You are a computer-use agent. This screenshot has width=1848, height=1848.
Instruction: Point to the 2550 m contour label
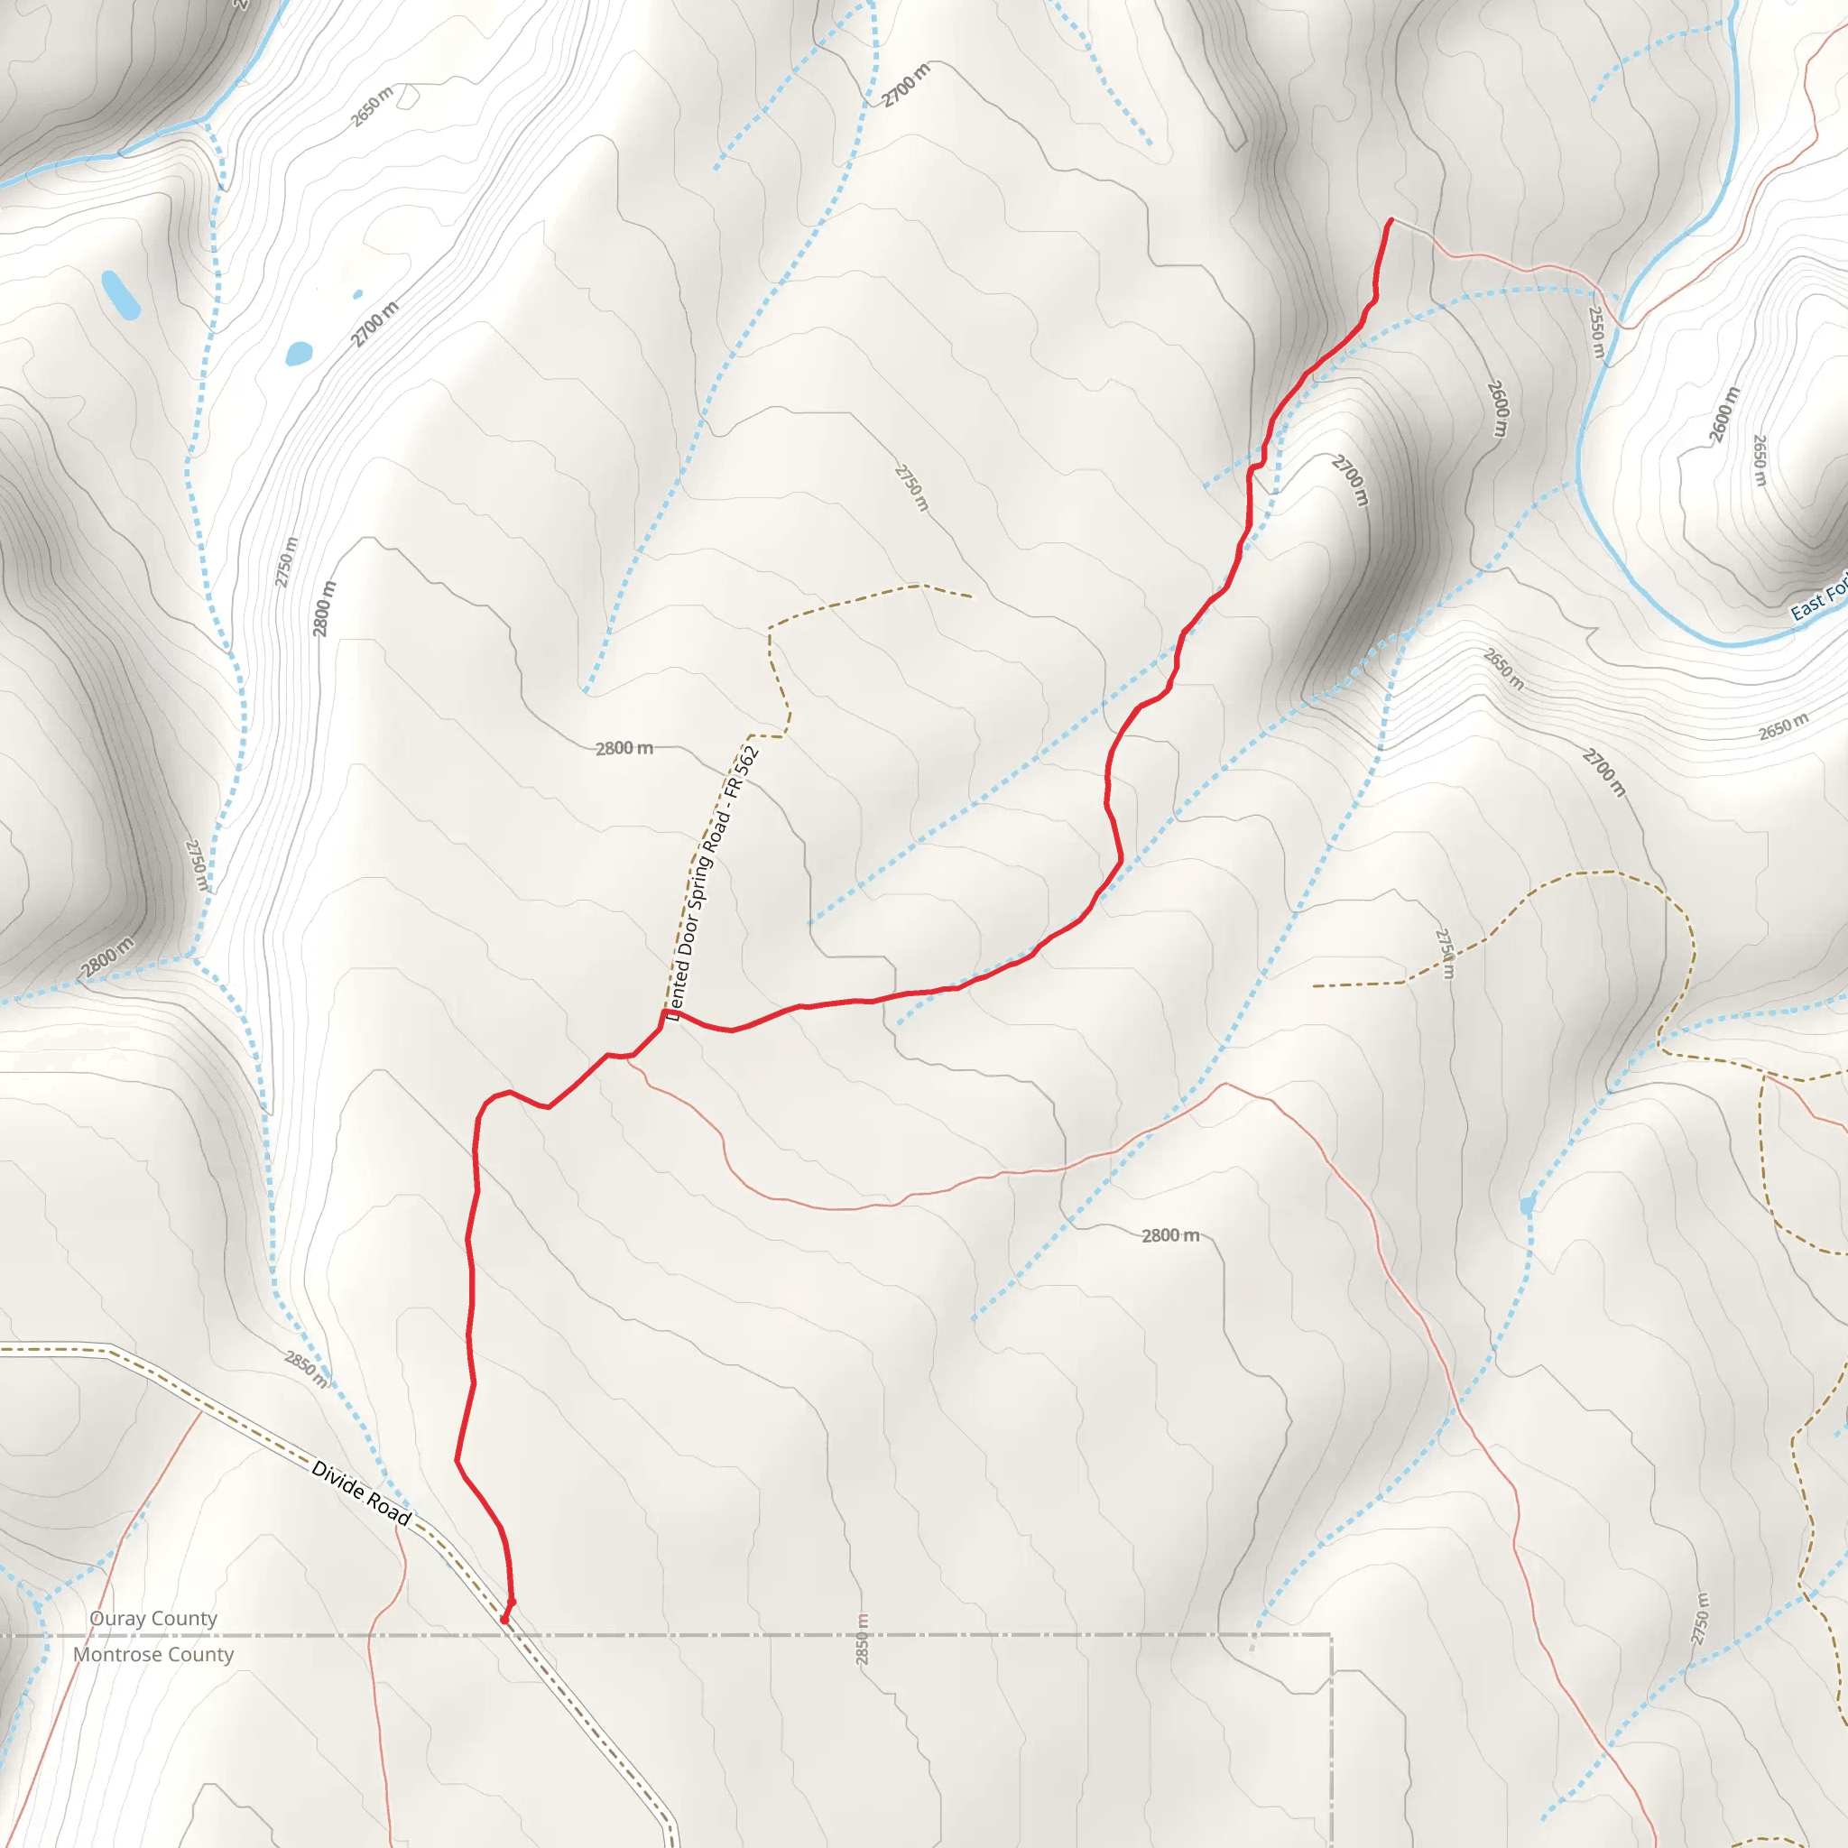(1596, 332)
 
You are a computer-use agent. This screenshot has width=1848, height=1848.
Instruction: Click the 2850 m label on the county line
(863, 1639)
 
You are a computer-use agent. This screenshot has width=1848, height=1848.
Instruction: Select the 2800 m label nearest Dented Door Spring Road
(624, 748)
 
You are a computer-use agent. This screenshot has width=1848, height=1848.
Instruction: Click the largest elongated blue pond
(121, 294)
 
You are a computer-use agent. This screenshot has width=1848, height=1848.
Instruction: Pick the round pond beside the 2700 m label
(299, 353)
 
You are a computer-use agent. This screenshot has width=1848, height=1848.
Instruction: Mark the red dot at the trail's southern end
(505, 1620)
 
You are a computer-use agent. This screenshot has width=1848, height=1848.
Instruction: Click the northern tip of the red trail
(1391, 221)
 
